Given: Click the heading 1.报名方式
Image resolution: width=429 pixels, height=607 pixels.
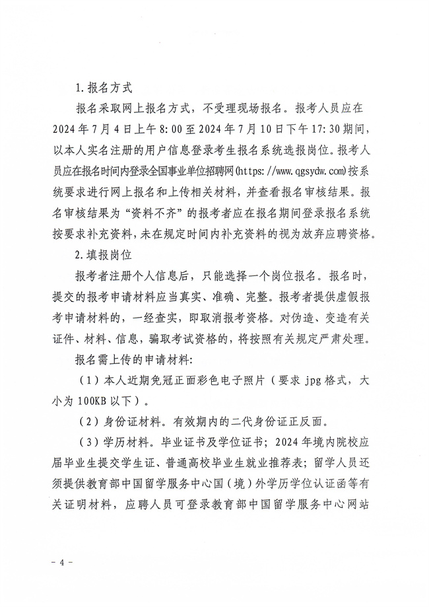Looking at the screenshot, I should point(104,86).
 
